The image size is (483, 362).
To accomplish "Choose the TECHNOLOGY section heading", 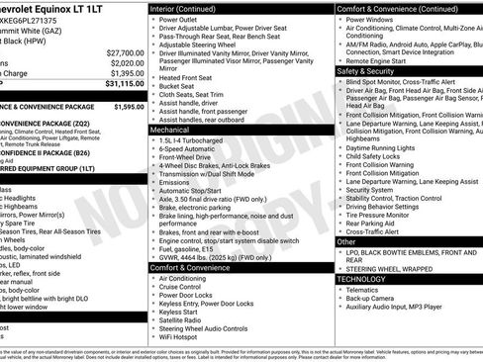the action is click(365, 279).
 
